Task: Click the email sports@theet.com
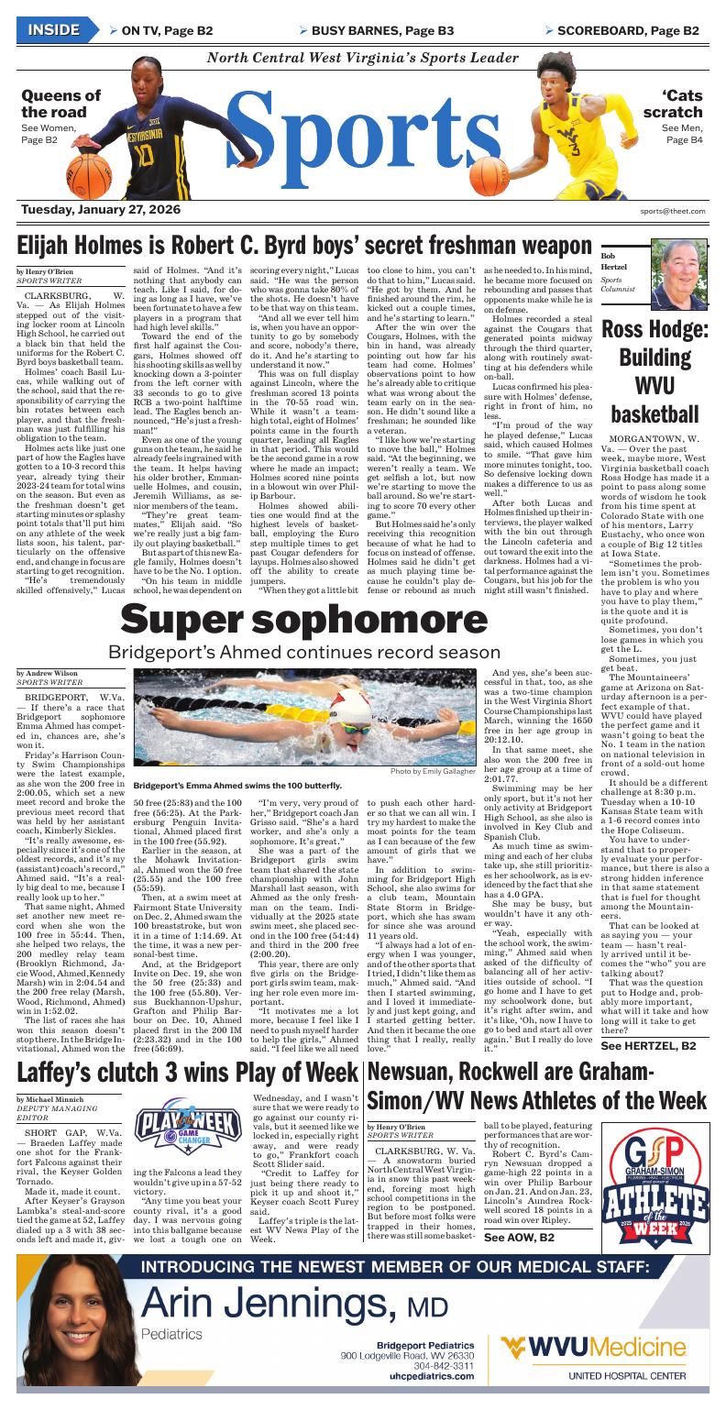click(673, 211)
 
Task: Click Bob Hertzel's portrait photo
click(678, 275)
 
